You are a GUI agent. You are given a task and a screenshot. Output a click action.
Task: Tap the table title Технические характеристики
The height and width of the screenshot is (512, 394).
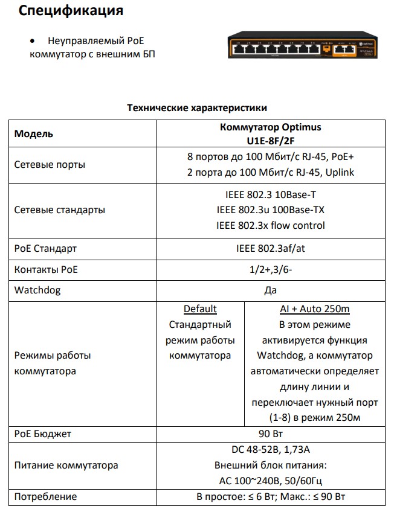[196, 107]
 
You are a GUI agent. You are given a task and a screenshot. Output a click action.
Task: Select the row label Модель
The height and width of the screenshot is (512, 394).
[34, 133]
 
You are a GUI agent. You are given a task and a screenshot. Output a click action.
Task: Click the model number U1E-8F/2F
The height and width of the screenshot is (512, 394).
[270, 140]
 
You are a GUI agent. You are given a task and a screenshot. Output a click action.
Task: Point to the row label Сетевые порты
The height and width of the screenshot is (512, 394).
[50, 165]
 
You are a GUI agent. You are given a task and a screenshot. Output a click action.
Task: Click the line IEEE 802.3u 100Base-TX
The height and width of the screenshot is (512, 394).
[270, 210]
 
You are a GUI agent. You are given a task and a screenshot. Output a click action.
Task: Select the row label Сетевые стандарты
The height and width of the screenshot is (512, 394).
[59, 210]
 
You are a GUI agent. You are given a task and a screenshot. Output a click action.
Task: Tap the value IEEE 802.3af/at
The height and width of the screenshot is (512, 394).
[270, 248]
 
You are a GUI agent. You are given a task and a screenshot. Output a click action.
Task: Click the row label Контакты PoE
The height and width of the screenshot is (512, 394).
[46, 269]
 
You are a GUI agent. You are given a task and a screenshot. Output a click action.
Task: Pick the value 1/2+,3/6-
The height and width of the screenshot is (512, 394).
[270, 269]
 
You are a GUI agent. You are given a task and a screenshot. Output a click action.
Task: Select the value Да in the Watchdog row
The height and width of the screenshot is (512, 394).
[270, 290]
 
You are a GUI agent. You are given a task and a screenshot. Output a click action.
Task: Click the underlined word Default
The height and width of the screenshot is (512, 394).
[200, 309]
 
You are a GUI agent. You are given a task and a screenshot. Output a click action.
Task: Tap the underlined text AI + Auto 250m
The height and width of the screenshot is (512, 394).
[315, 309]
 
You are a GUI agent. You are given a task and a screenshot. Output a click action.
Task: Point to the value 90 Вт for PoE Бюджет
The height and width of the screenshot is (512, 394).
[270, 434]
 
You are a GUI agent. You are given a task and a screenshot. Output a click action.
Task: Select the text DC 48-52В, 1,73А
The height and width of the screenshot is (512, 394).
[270, 450]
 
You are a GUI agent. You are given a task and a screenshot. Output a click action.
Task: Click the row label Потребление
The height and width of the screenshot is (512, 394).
[45, 496]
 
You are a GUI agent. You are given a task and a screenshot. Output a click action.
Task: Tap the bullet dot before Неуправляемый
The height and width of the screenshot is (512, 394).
[33, 42]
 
